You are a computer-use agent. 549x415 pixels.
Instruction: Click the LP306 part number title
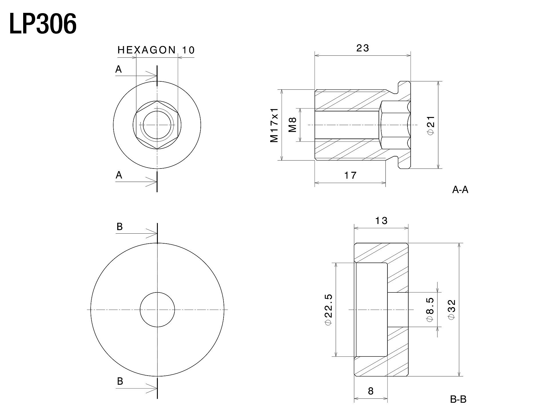pyautogui.click(x=43, y=24)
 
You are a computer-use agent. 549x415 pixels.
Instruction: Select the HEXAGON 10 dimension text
pyautogui.click(x=156, y=50)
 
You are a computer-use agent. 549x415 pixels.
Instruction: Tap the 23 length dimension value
pyautogui.click(x=363, y=48)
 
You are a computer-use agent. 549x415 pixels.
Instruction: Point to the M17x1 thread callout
pyautogui.click(x=274, y=125)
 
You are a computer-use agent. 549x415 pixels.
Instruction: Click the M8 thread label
pyautogui.click(x=292, y=125)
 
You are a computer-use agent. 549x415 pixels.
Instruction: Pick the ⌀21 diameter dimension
pyautogui.click(x=431, y=125)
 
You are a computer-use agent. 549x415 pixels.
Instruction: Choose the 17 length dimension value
pyautogui.click(x=350, y=175)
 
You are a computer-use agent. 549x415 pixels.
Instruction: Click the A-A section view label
pyautogui.click(x=460, y=189)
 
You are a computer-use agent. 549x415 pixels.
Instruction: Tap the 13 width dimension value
pyautogui.click(x=381, y=220)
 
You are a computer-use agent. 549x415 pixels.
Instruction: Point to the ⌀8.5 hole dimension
pyautogui.click(x=430, y=310)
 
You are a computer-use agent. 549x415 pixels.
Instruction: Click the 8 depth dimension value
pyautogui.click(x=371, y=391)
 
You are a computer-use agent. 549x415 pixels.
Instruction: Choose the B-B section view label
pyautogui.click(x=458, y=399)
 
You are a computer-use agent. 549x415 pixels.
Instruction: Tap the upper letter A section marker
pyautogui.click(x=119, y=69)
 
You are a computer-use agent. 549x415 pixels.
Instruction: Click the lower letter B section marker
pyautogui.click(x=120, y=381)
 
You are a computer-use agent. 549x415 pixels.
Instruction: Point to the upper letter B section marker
pyautogui.click(x=120, y=226)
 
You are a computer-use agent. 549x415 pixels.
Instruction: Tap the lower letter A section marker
pyautogui.click(x=119, y=175)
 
